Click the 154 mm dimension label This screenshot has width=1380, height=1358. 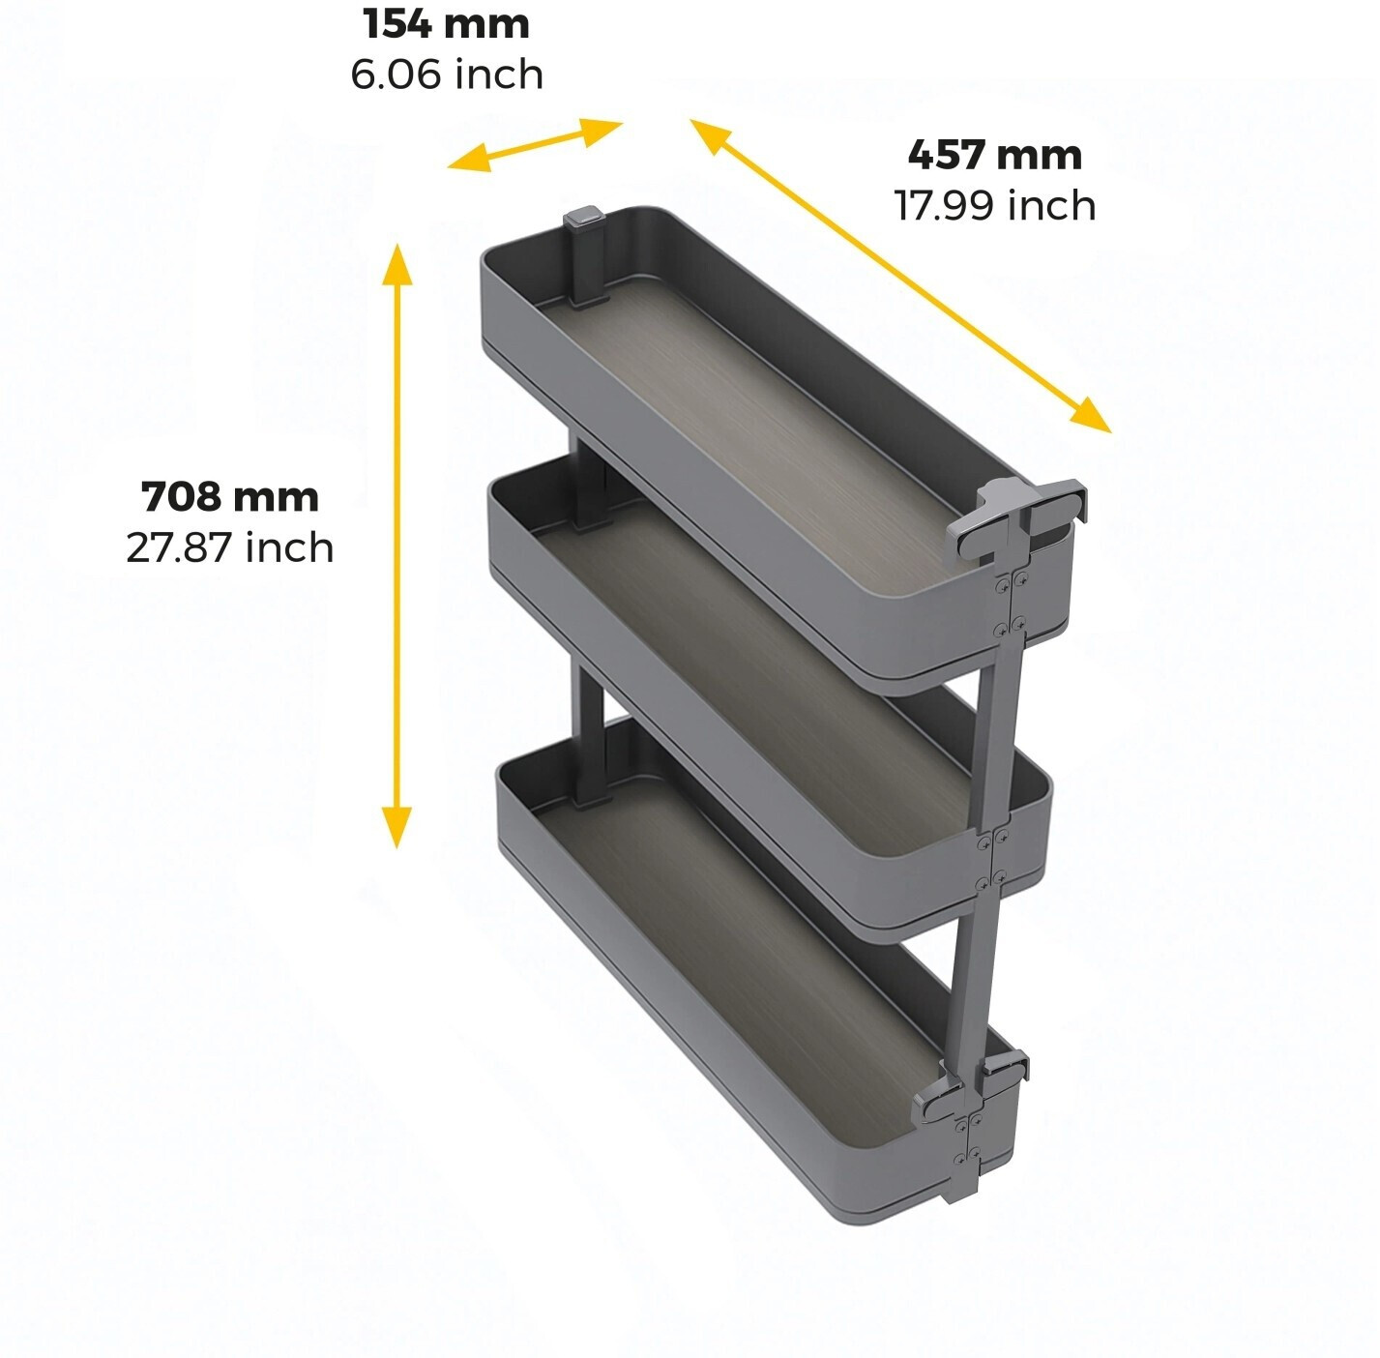pyautogui.click(x=446, y=24)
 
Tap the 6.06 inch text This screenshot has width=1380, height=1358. pyautogui.click(x=447, y=74)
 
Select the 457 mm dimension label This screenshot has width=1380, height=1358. pyautogui.click(x=995, y=156)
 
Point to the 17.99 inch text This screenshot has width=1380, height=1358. pyautogui.click(x=995, y=206)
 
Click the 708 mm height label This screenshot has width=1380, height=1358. pyautogui.click(x=230, y=497)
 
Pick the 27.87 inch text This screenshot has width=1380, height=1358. pyautogui.click(x=230, y=548)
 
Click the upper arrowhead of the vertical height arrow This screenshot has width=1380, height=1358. pyautogui.click(x=396, y=264)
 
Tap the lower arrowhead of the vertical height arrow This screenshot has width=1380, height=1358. pyautogui.click(x=396, y=828)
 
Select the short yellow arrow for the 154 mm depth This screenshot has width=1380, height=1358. pyautogui.click(x=535, y=145)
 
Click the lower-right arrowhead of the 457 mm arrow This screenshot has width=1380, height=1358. pyautogui.click(x=1091, y=416)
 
